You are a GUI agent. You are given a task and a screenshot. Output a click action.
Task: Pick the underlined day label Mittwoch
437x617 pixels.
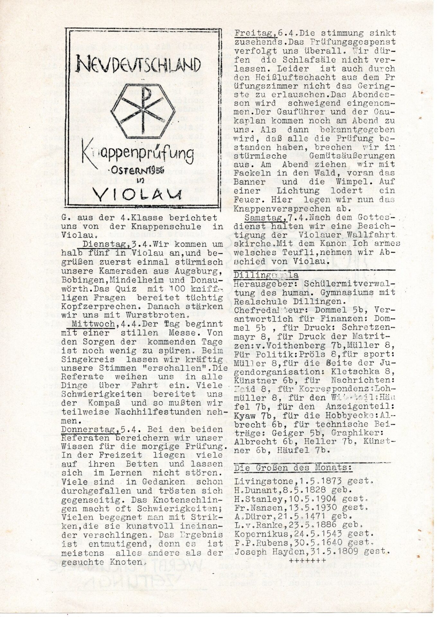pyautogui.click(x=93, y=324)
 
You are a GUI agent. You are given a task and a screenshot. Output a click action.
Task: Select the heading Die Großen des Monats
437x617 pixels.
pyautogui.click(x=292, y=468)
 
